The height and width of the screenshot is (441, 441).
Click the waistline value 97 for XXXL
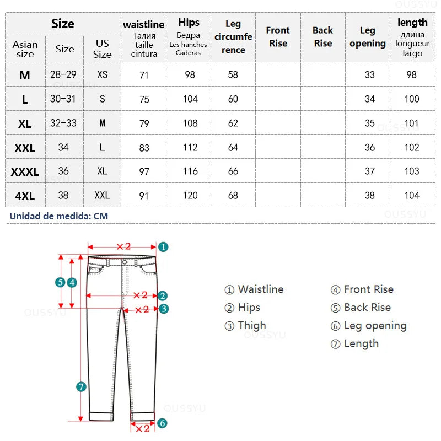[x=144, y=172]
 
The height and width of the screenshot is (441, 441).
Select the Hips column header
[x=189, y=23]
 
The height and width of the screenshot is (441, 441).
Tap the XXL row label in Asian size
[x=25, y=148]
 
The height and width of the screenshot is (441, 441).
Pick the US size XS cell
[x=103, y=75]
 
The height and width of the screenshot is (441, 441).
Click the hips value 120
[x=190, y=196]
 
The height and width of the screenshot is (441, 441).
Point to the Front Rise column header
[x=278, y=37]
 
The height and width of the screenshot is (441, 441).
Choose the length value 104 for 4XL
[x=412, y=196]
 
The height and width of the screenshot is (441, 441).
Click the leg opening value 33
[x=369, y=75]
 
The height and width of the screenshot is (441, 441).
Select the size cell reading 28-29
[x=64, y=75]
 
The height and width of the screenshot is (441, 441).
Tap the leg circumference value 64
[x=233, y=148]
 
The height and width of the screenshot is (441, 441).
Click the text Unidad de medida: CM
[x=59, y=216]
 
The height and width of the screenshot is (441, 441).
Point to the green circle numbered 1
[x=164, y=247]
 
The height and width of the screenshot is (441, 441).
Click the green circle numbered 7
[x=82, y=387]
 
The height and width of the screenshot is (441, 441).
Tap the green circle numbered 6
[x=162, y=423]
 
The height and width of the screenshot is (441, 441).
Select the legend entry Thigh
[x=245, y=326]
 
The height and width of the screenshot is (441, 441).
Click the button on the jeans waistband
[x=125, y=262]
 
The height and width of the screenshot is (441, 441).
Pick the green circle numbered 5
[x=60, y=282]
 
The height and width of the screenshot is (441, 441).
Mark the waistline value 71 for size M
[x=144, y=75]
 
